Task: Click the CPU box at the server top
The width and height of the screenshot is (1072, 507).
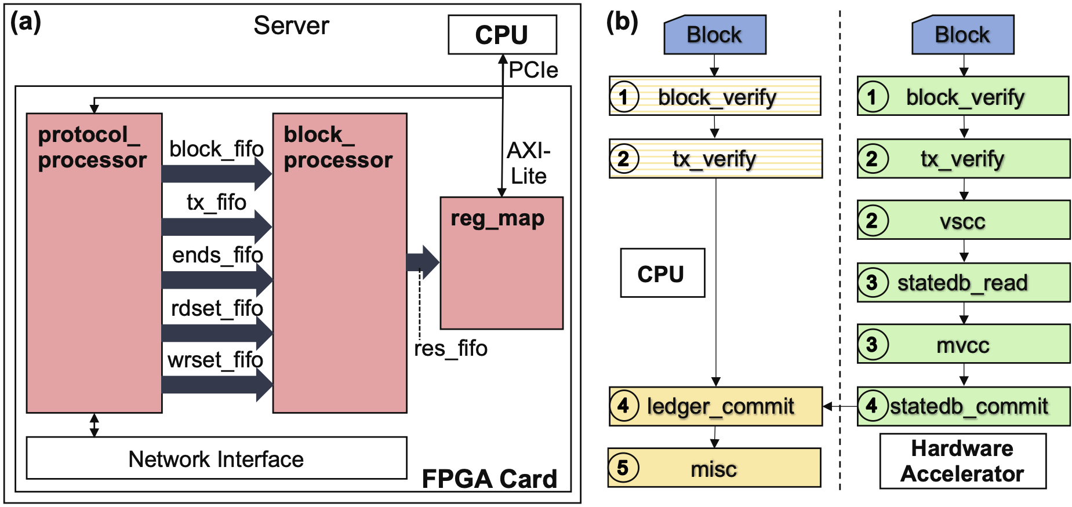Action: tap(502, 35)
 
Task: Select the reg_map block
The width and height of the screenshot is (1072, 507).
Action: tap(502, 263)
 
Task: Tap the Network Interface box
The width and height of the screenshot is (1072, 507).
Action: tap(216, 458)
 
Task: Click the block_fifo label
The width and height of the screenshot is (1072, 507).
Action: tap(216, 149)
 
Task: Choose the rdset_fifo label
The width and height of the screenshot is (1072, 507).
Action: tap(217, 308)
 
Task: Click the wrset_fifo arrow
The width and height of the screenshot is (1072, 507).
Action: tap(216, 385)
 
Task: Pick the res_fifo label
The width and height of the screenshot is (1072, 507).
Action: tap(450, 349)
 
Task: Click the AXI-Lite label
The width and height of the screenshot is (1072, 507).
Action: tap(528, 163)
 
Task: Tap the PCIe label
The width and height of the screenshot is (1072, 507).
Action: tap(533, 70)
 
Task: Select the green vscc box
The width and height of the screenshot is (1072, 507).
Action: tap(964, 220)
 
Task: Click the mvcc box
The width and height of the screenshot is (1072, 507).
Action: tap(964, 344)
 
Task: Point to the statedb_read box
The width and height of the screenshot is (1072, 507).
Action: tap(964, 283)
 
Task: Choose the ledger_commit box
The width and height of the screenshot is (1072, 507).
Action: tap(715, 406)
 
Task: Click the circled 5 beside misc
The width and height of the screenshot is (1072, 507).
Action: tap(623, 468)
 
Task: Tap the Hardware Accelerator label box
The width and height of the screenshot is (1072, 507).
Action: tap(962, 461)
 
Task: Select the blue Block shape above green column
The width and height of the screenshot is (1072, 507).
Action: tap(962, 35)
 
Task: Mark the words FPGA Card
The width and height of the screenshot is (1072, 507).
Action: tap(489, 479)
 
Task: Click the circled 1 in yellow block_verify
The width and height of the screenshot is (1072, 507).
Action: tap(624, 96)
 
